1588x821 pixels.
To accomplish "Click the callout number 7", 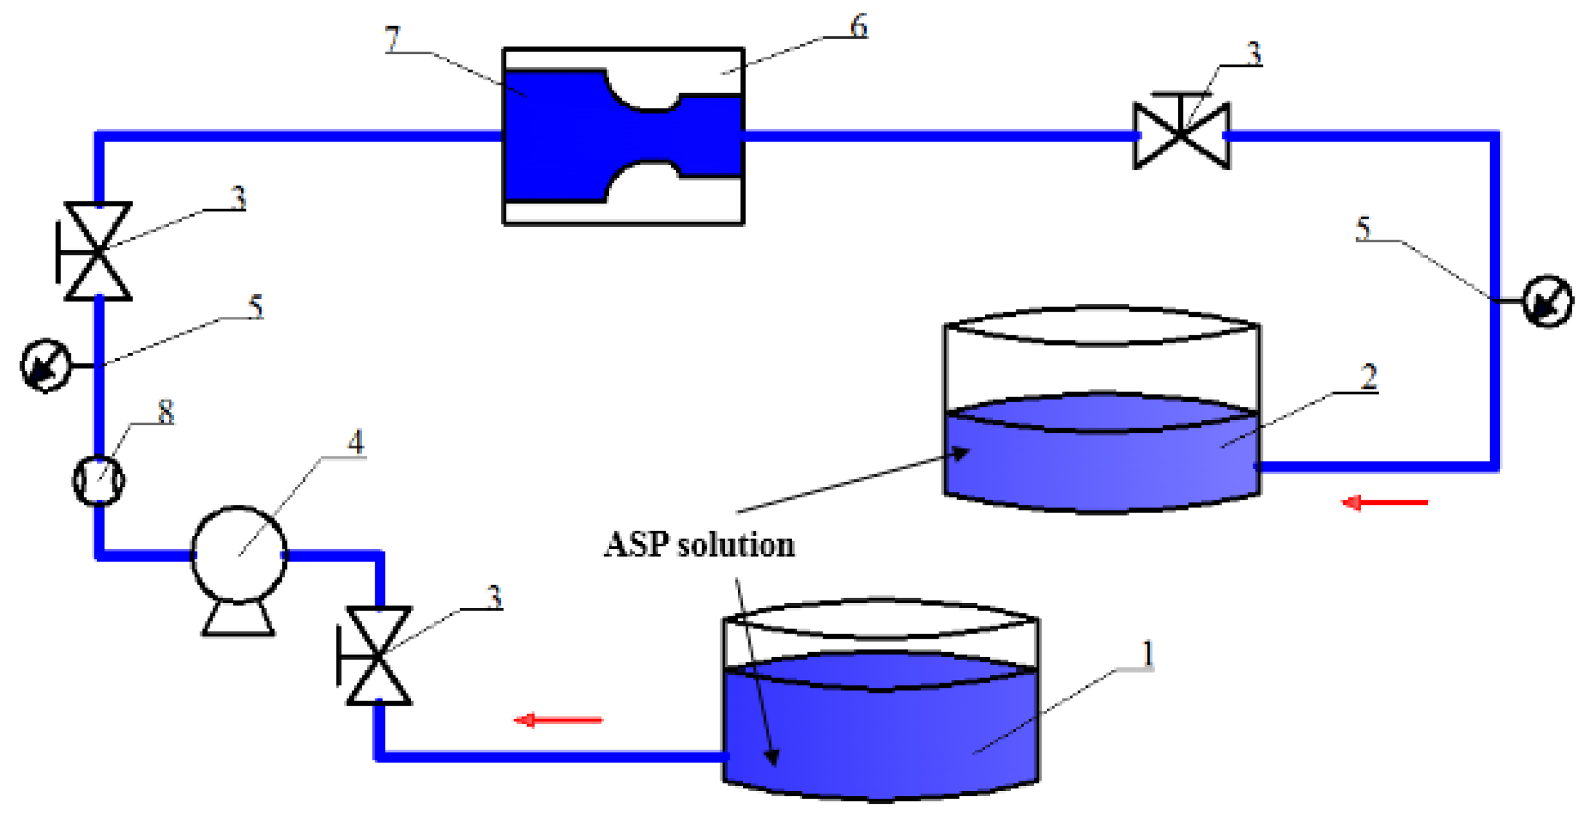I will (393, 40).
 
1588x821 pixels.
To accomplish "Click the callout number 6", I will (858, 27).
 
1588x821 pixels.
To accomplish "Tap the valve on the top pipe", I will (1181, 135).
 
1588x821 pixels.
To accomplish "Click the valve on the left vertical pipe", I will (98, 251).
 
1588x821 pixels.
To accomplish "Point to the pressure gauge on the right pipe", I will (1547, 301).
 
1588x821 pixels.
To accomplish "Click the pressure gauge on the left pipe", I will (46, 366).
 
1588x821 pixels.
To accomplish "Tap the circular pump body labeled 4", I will (239, 553).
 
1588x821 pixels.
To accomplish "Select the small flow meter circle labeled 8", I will (98, 481).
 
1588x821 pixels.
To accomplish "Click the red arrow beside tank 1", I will (558, 720).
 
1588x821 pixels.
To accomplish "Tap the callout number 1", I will (1147, 654).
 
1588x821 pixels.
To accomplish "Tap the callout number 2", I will (1368, 377).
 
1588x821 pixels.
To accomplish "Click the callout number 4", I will (356, 442).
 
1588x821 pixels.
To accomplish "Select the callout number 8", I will (166, 413).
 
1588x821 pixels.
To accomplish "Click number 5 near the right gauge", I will (1362, 228).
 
